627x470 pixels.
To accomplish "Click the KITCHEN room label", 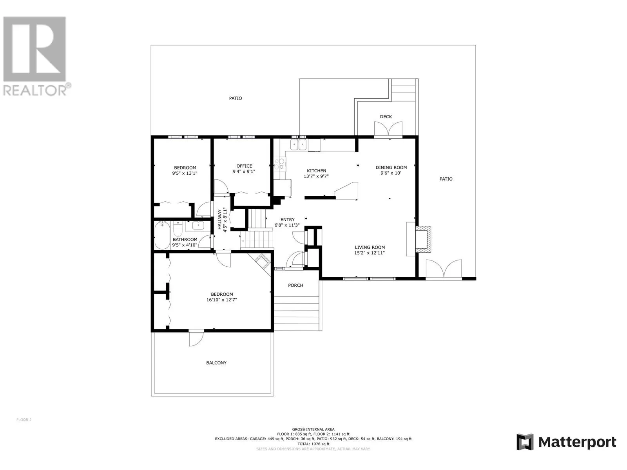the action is tap(316, 171).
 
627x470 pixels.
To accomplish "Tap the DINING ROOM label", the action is tap(391, 168).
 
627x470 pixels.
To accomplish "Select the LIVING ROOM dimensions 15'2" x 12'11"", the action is tap(370, 253).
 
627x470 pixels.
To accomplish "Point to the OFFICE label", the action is tap(244, 166).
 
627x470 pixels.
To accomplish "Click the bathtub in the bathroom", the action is tap(162, 235).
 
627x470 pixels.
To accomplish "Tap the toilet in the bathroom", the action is tap(178, 229).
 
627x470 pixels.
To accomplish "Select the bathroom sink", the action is tap(198, 226).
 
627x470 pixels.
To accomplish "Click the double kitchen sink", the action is tap(298, 145).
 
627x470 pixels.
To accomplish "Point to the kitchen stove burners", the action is tap(279, 164).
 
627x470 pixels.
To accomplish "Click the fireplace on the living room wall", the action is tap(423, 239).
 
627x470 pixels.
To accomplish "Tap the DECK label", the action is tap(386, 117).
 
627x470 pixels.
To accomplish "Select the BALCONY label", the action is tap(216, 363).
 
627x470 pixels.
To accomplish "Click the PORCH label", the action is tap(295, 285).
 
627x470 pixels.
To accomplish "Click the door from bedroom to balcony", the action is tap(196, 338).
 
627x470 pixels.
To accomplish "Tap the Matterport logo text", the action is tap(577, 443).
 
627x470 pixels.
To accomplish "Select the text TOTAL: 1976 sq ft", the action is tap(313, 444).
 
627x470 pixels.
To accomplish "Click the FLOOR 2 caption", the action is tap(24, 419).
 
